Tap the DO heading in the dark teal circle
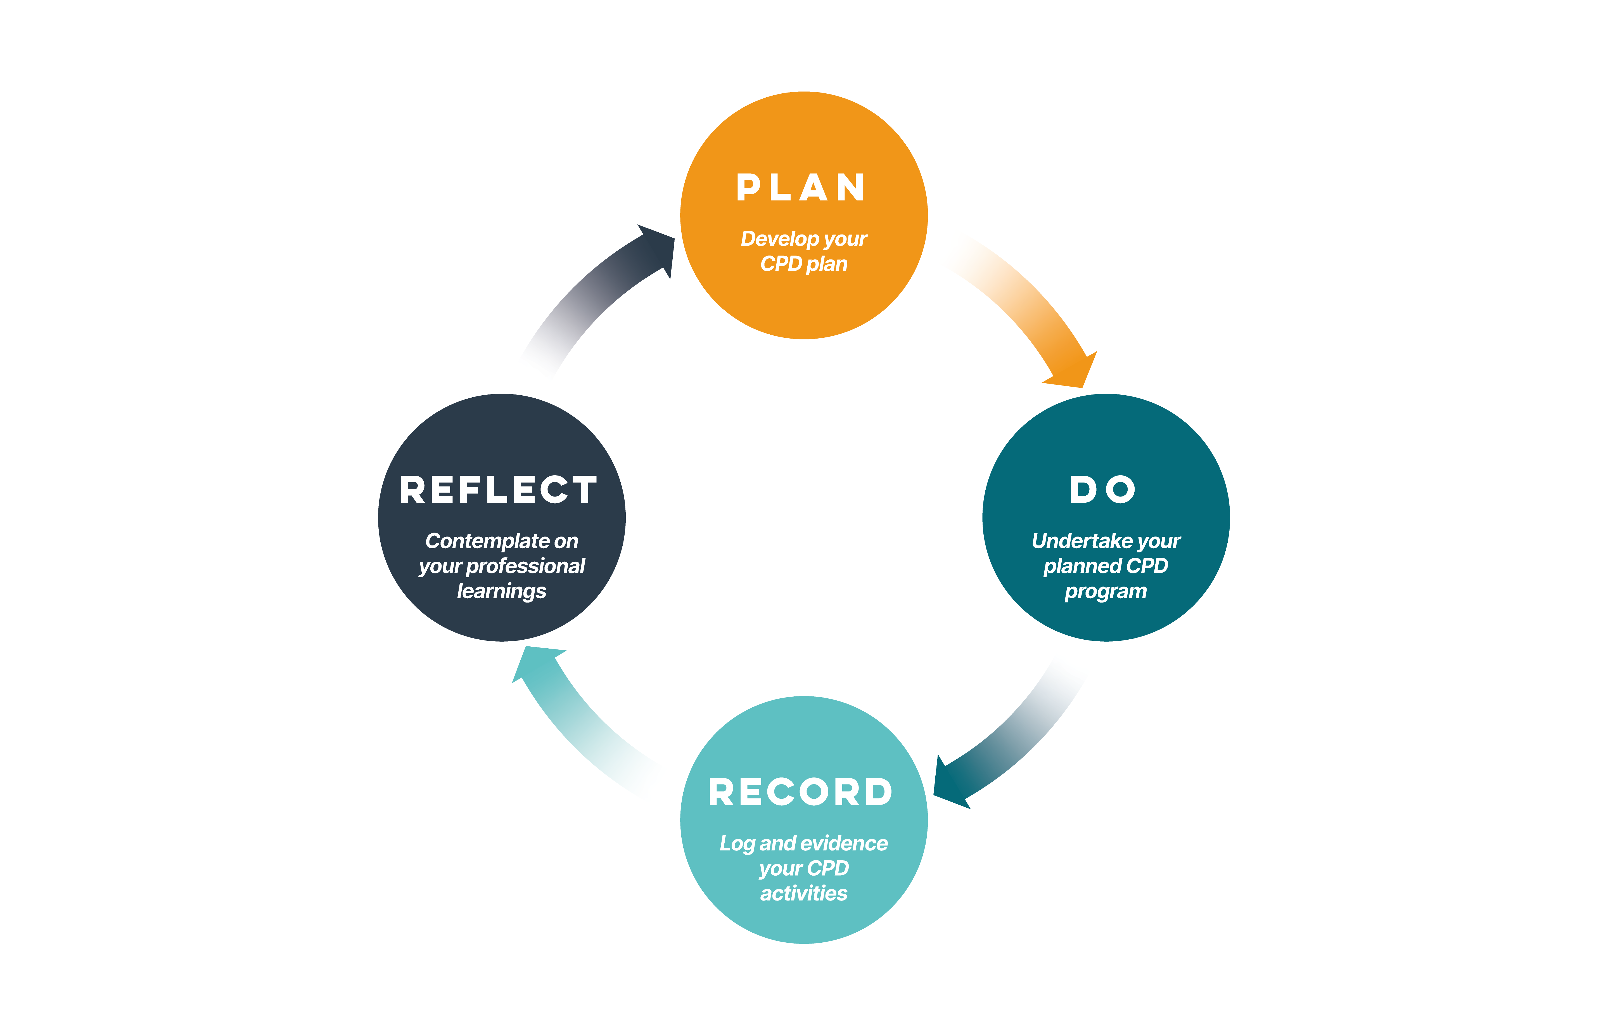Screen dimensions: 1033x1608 1103,490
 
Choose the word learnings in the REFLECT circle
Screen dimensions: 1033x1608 502,591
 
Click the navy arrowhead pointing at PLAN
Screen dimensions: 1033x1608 657,248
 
